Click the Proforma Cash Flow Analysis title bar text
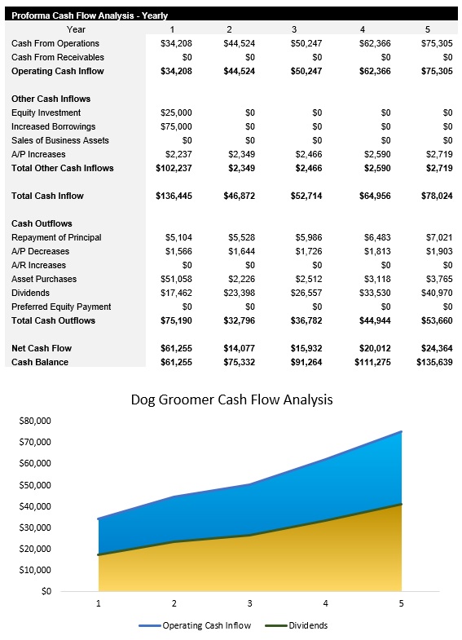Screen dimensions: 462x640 click(x=90, y=15)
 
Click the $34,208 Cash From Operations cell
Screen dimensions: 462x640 click(x=177, y=43)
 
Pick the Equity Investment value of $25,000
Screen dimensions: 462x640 click(x=177, y=113)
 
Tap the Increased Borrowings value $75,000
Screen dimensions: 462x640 click(x=177, y=126)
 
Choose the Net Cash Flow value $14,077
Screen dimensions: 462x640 click(x=240, y=348)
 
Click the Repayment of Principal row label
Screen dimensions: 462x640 click(x=56, y=237)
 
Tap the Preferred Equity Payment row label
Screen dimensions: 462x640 click(x=62, y=307)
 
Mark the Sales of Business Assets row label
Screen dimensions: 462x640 click(x=60, y=140)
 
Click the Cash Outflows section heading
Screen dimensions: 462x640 click(x=42, y=223)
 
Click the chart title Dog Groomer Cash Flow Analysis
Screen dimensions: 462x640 click(x=231, y=400)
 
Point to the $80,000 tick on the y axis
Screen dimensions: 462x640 click(x=33, y=421)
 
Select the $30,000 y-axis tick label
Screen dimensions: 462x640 click(x=33, y=527)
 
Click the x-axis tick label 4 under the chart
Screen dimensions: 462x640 click(x=325, y=604)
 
